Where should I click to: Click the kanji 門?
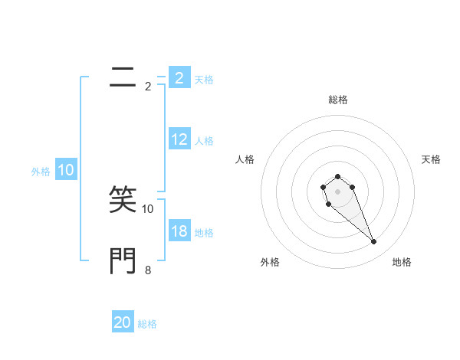coord(123,260)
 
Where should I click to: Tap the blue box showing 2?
coord(179,78)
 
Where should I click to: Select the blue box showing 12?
coord(179,139)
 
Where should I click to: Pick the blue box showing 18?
coord(179,231)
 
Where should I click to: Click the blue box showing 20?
coord(123,322)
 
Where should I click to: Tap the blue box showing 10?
coord(66,171)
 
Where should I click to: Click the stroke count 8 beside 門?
coord(148,270)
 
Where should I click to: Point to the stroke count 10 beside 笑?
coord(148,208)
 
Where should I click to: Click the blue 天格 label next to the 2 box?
coord(204,79)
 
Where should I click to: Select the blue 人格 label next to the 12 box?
coord(204,141)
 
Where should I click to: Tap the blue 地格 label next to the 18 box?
coord(204,233)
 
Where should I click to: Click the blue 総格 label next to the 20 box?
coord(147,324)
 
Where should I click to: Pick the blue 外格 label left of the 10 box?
coord(41,172)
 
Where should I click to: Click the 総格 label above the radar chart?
coord(337,100)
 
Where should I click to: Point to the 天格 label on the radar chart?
coord(431,159)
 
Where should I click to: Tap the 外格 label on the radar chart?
coord(269,262)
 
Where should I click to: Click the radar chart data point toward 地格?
coord(374,242)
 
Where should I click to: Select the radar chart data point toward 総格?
coord(337,177)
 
